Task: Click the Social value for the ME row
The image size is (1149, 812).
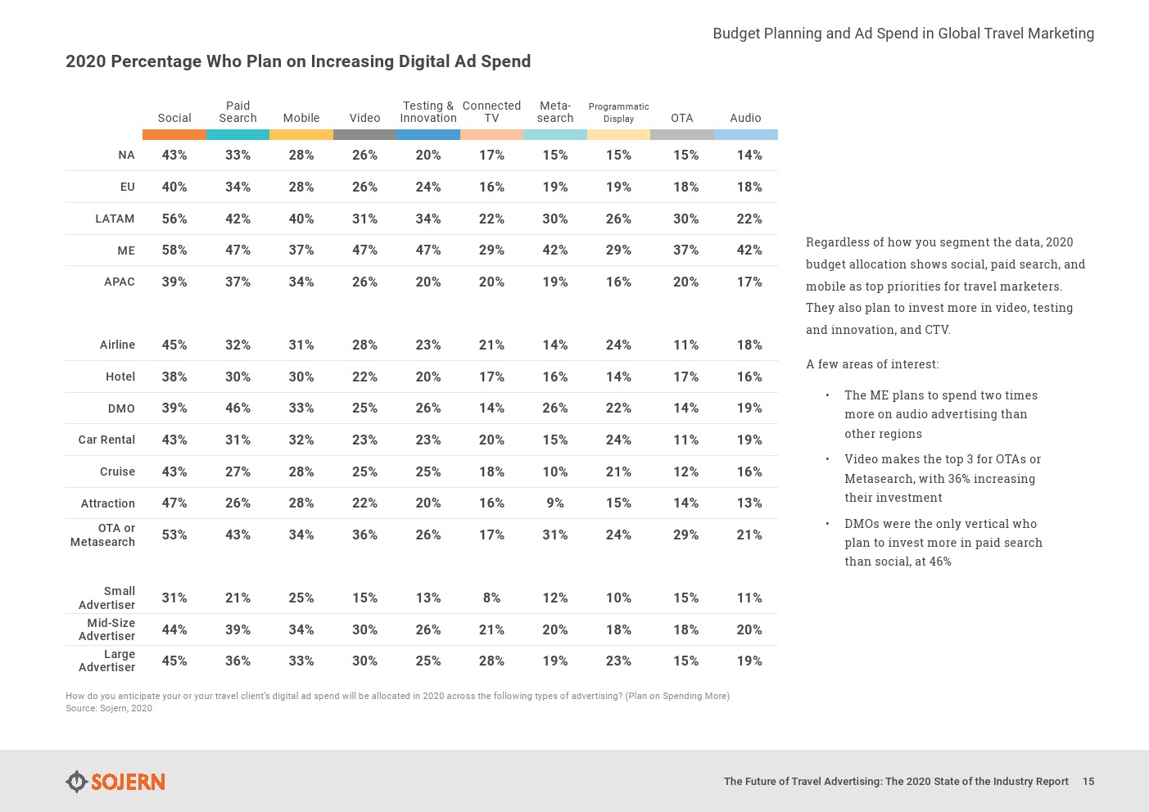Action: pyautogui.click(x=174, y=250)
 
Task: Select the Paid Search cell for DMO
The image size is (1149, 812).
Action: pyautogui.click(x=237, y=408)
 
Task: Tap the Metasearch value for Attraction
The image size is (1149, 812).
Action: pyautogui.click(x=555, y=503)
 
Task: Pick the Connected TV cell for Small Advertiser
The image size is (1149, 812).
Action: pyautogui.click(x=491, y=598)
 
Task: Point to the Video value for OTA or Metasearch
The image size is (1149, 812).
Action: pyautogui.click(x=364, y=535)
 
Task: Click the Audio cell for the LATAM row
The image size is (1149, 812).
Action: pyautogui.click(x=749, y=219)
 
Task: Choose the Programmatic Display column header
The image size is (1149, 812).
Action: pyautogui.click(x=618, y=113)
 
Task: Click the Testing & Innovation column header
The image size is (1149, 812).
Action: pyautogui.click(x=428, y=112)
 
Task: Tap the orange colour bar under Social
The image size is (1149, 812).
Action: pyautogui.click(x=174, y=134)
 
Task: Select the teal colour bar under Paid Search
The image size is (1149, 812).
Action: pyautogui.click(x=237, y=134)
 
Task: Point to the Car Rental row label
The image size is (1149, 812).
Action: pyautogui.click(x=106, y=440)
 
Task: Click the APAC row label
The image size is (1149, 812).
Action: pyautogui.click(x=120, y=282)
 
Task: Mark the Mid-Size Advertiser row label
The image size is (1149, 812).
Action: pyautogui.click(x=107, y=629)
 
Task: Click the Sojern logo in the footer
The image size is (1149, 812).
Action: pyautogui.click(x=115, y=782)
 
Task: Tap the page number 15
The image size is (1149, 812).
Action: pyautogui.click(x=1088, y=782)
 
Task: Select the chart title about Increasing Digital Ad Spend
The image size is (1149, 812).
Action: pyautogui.click(x=298, y=61)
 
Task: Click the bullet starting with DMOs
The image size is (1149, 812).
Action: pyautogui.click(x=943, y=543)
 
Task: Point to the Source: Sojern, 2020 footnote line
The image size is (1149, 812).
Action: pyautogui.click(x=109, y=709)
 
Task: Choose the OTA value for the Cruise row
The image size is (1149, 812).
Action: pyautogui.click(x=685, y=472)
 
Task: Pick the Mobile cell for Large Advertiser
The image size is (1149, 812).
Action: pyautogui.click(x=301, y=661)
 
